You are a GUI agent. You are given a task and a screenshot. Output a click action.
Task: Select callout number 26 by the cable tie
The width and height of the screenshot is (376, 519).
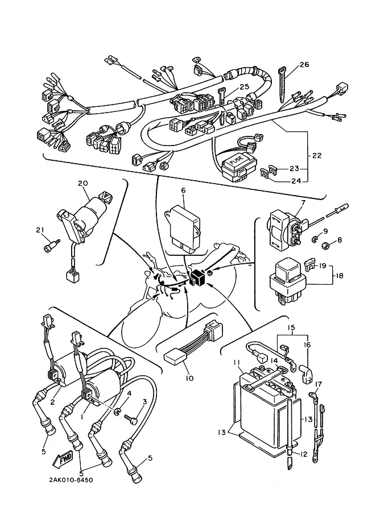coord(304,65)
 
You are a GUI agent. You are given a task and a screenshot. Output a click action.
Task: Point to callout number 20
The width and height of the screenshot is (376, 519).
coord(83,183)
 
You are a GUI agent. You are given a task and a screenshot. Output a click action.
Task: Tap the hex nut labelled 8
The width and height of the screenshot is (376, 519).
coord(325,246)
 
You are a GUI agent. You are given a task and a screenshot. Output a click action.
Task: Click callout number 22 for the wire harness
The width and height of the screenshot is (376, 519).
coord(317,155)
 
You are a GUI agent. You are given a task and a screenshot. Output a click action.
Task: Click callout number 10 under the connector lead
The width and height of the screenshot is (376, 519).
coord(189,378)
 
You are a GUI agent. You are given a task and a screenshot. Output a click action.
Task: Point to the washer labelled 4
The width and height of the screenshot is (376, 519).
coord(117,412)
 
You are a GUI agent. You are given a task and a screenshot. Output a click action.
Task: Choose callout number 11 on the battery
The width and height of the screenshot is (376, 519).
coord(236,363)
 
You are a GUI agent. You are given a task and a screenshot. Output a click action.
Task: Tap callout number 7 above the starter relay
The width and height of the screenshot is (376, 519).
coord(303,202)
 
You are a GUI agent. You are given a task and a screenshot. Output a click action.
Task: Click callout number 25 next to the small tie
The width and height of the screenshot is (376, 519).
coord(244,87)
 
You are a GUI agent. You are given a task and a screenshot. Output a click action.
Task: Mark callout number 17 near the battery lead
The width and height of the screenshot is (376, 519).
coord(318,384)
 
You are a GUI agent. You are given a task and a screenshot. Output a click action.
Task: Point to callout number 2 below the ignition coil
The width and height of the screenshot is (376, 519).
coord(52,402)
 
